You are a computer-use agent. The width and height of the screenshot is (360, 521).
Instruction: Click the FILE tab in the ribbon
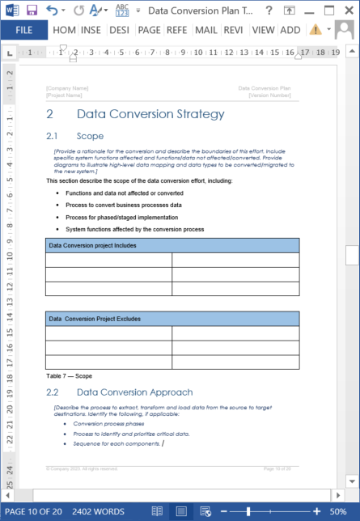coord(23,30)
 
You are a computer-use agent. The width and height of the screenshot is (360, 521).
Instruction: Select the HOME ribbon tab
coord(64,30)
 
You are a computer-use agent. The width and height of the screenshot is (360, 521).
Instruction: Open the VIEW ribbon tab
coord(263,30)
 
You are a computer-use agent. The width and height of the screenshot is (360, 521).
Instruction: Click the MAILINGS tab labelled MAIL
coord(205,30)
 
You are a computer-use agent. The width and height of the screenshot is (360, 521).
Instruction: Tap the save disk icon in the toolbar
coord(32,11)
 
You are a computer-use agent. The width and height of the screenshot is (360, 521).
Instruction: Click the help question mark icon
coord(290,11)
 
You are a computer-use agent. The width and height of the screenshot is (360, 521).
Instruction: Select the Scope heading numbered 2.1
coord(90,136)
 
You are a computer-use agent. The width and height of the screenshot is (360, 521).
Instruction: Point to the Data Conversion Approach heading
coord(134,392)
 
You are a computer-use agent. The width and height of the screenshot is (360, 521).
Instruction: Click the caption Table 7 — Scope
coord(69,375)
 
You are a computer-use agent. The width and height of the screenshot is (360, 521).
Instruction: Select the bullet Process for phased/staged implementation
coord(122,217)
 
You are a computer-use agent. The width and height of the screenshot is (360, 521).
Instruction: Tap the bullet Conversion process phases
coord(108,423)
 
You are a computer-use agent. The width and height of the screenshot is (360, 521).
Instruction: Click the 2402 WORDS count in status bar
coord(98,511)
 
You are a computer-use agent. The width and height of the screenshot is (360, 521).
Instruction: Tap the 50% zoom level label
coord(338,511)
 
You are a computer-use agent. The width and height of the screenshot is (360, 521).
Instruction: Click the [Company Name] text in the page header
coord(68,87)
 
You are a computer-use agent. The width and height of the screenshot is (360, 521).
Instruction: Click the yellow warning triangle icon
coord(315,30)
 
